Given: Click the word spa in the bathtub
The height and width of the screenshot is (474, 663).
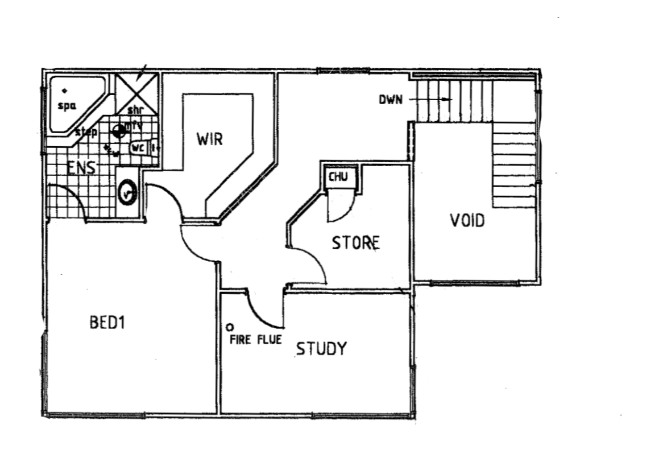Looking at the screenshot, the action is [x=67, y=106].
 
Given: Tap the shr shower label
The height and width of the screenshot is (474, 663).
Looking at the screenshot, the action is [x=135, y=110].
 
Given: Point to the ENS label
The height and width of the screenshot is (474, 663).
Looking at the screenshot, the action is [x=80, y=169].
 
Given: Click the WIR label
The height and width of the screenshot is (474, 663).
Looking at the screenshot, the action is [x=209, y=140].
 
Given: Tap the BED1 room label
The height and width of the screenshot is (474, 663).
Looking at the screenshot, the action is [x=107, y=323].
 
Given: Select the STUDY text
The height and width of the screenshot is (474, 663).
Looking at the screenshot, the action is [x=321, y=348].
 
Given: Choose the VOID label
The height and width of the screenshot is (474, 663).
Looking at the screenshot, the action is [x=467, y=221].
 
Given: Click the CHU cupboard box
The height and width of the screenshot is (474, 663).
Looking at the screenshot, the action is [x=340, y=177].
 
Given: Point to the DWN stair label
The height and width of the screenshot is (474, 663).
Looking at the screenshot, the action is [x=390, y=100].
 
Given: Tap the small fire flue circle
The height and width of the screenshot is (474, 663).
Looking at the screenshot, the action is [x=230, y=327].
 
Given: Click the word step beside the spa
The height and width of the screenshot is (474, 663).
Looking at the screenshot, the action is [x=86, y=133].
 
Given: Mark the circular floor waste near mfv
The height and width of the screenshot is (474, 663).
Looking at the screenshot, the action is [x=119, y=131].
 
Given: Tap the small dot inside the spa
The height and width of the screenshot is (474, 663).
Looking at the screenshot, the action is [x=64, y=90].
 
